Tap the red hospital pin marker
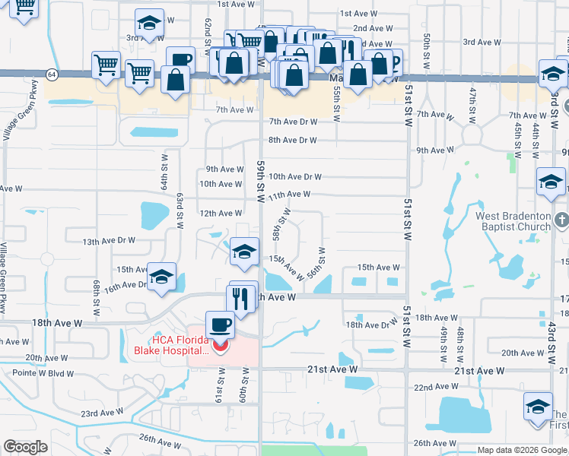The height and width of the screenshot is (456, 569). [221, 346]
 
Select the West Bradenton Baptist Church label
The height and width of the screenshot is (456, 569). [513, 221]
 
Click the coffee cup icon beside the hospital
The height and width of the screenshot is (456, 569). [220, 325]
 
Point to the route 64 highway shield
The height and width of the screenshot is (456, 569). [51, 74]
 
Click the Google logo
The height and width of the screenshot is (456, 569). [25, 447]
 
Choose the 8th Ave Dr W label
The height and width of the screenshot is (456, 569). [292, 140]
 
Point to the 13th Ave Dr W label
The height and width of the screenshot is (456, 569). [109, 241]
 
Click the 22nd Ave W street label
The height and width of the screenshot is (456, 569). [434, 387]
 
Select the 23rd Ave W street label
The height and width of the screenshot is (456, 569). [103, 413]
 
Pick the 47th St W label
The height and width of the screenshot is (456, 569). [472, 106]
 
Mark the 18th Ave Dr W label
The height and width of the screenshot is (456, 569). [372, 325]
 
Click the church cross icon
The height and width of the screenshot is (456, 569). [562, 220]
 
